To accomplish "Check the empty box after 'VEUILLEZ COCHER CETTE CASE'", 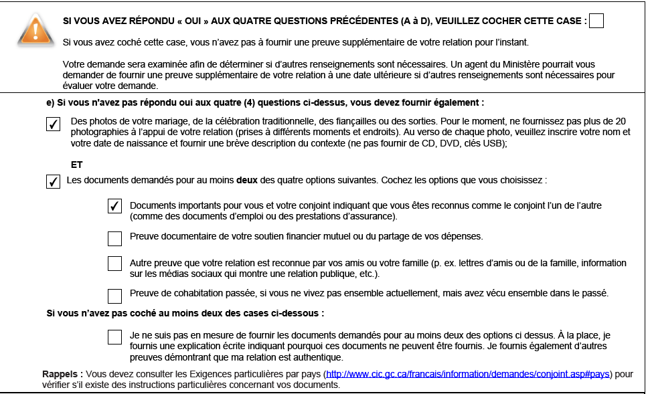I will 596,21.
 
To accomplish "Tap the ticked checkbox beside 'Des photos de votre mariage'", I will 54,125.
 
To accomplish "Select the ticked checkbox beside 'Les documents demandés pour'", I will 54,182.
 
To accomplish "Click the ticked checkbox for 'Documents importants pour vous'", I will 114,206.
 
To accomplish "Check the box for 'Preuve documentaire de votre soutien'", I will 114,238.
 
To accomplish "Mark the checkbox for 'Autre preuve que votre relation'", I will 114,264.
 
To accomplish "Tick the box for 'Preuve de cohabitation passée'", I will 114,295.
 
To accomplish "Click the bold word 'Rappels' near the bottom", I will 62,374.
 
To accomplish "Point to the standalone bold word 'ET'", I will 77,164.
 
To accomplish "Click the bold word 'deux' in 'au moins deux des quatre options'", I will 246,181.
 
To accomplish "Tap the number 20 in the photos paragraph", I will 621,121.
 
